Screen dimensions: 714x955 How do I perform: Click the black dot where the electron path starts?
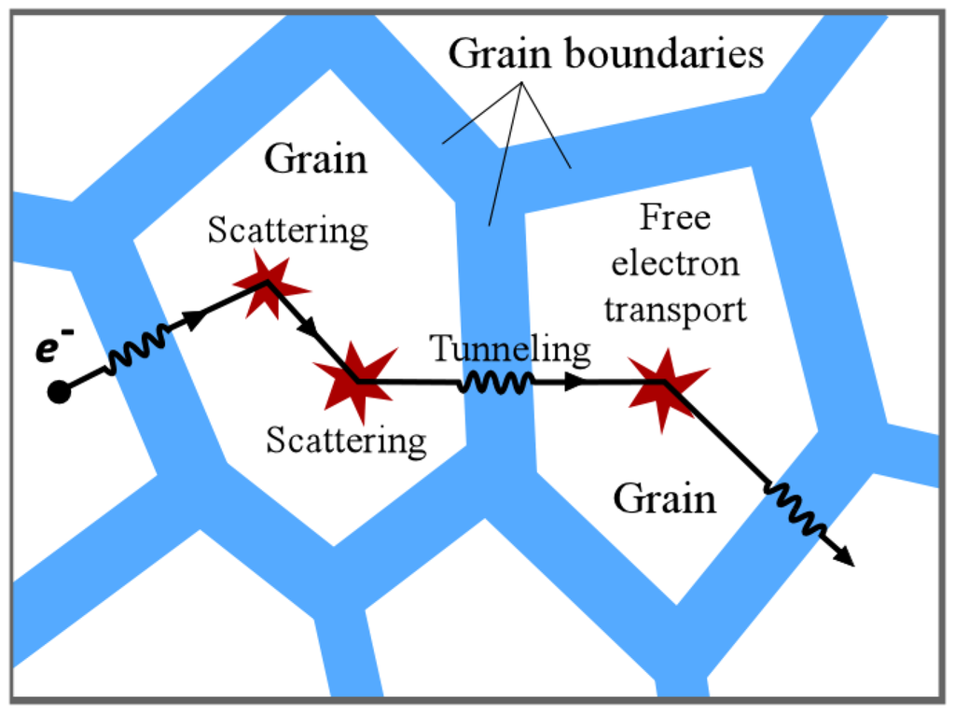(59, 392)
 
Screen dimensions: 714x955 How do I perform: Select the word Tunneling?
(510, 349)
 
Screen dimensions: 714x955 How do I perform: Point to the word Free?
(674, 218)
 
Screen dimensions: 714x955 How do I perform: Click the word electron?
(674, 264)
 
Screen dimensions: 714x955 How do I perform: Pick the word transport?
(674, 309)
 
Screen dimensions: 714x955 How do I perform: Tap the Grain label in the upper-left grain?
(315, 160)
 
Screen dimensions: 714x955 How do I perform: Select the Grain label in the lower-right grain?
(664, 499)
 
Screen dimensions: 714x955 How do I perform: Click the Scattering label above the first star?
(287, 230)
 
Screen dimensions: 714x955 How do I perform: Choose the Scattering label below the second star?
(346, 439)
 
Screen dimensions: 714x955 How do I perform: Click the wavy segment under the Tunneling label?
(496, 383)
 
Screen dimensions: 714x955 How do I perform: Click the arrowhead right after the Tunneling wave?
(578, 383)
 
